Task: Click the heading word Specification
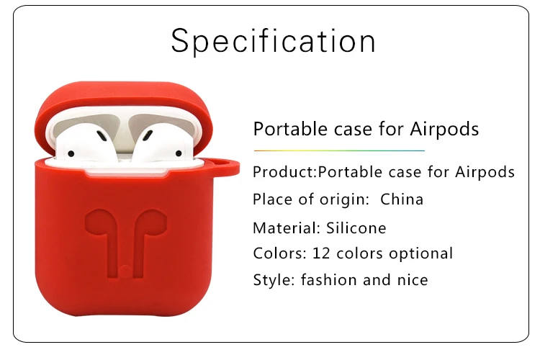[x=273, y=41]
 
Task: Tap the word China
[x=402, y=199]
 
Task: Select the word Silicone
[x=356, y=228]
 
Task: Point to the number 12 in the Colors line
[x=320, y=253]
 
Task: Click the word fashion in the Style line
[x=328, y=279]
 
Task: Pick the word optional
[x=420, y=254]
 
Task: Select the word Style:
[x=274, y=280]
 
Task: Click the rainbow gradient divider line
[x=339, y=150]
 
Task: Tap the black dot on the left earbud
[x=71, y=153]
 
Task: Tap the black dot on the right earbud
[x=179, y=153]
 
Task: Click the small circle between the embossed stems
[x=125, y=271]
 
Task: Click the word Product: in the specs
[x=285, y=172]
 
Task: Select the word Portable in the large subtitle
[x=290, y=129]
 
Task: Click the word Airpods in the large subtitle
[x=444, y=130]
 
